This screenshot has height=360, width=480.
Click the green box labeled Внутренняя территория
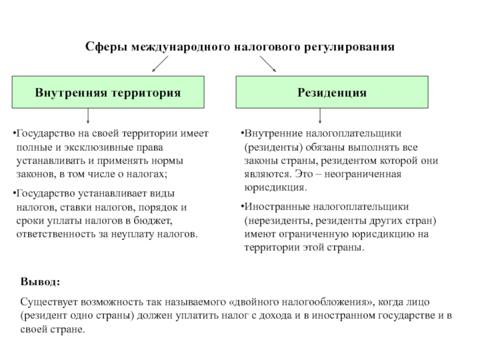point(108,93)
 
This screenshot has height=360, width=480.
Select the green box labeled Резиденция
point(332,93)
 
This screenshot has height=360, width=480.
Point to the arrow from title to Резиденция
point(268,64)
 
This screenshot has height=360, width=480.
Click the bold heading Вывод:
point(40,283)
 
